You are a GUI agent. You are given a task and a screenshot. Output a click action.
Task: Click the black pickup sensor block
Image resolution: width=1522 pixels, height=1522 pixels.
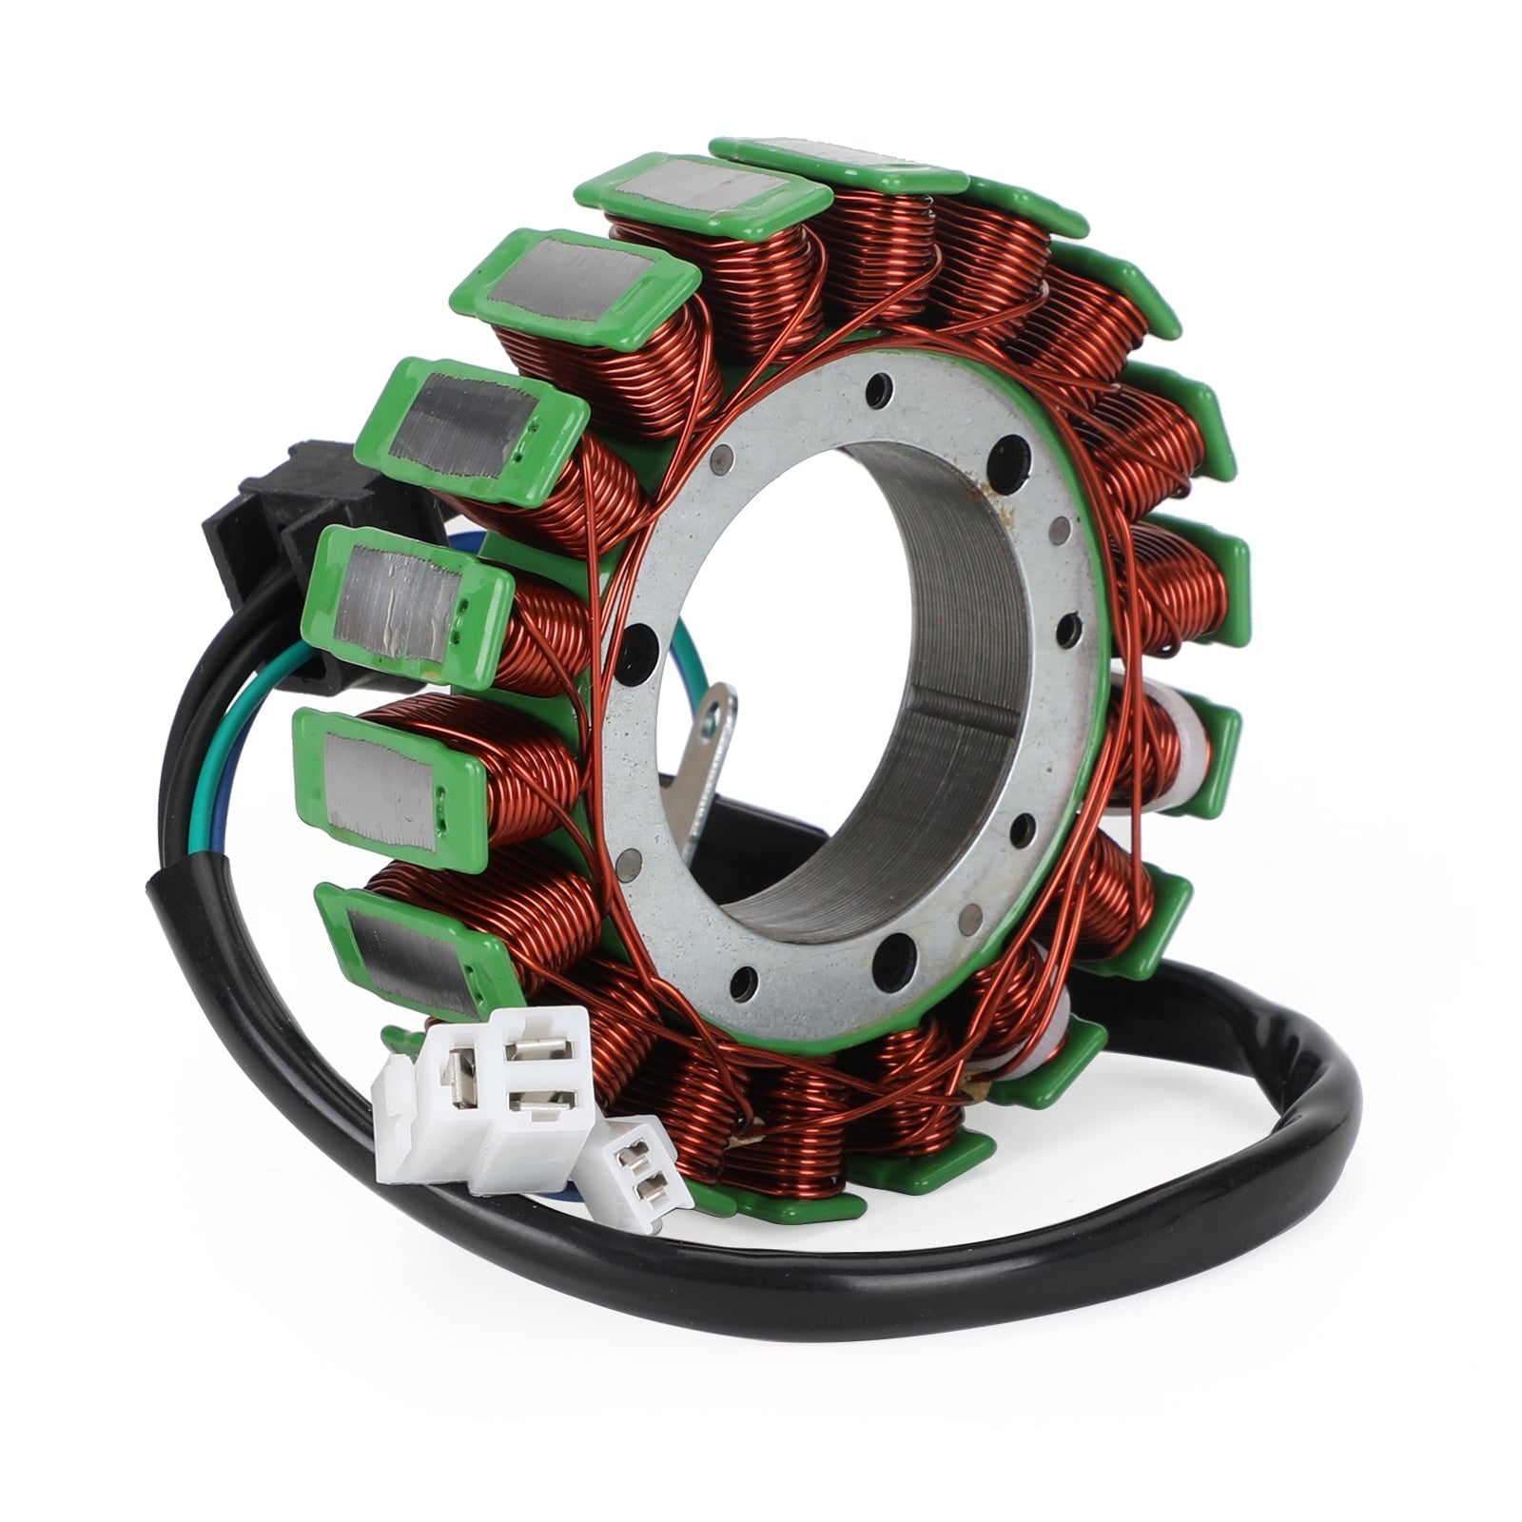[285, 533]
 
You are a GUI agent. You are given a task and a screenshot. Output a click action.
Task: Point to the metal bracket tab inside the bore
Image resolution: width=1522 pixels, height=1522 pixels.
[709, 761]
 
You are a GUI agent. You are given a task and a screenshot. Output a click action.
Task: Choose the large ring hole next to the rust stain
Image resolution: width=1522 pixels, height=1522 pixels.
[1010, 463]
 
